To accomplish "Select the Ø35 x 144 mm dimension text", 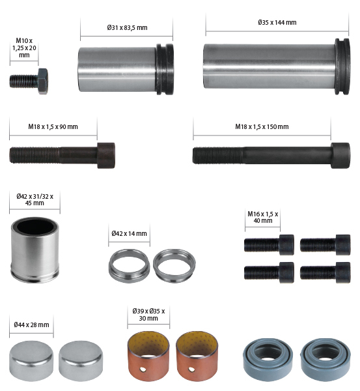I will [277, 22].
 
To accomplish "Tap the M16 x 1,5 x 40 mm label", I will [262, 217].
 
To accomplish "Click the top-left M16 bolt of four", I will [268, 244].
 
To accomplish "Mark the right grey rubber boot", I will [327, 359].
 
